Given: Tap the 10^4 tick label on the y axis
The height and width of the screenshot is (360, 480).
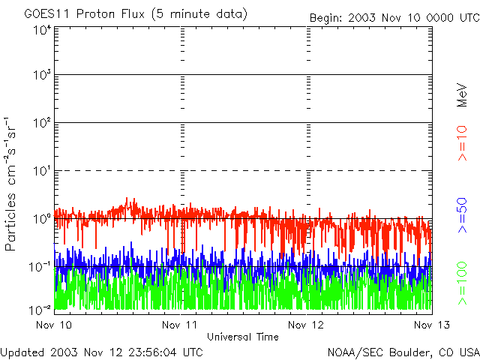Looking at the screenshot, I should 42,30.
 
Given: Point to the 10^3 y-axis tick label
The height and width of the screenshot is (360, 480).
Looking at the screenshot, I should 42,76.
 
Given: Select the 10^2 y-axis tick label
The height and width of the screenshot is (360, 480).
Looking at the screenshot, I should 42,123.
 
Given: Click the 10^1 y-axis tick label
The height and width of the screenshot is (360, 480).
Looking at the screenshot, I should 42,171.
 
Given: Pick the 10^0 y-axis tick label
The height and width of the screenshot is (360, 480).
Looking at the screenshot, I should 42,218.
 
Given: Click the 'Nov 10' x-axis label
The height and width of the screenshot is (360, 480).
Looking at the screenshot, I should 54,325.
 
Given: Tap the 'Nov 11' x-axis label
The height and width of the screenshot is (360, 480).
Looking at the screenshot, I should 180,325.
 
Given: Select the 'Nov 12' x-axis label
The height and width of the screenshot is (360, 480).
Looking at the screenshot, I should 306,325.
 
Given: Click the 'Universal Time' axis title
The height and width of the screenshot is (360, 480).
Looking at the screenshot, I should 242,337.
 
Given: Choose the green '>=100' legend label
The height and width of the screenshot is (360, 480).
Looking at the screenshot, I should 463,280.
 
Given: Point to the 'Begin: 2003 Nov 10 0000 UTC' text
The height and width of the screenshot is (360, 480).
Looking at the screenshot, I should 394,17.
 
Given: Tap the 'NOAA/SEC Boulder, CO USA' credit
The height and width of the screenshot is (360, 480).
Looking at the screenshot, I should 403,352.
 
